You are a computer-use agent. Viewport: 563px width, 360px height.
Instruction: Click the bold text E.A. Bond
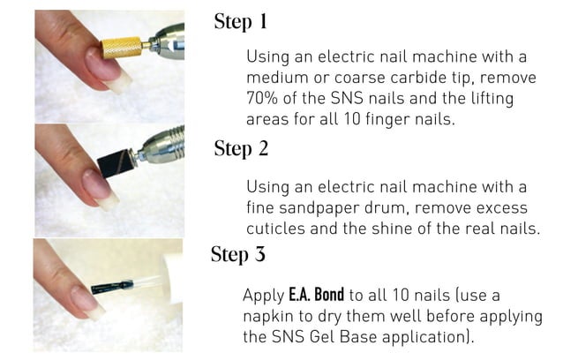point(316,295)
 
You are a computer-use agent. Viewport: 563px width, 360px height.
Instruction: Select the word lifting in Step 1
point(507,96)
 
